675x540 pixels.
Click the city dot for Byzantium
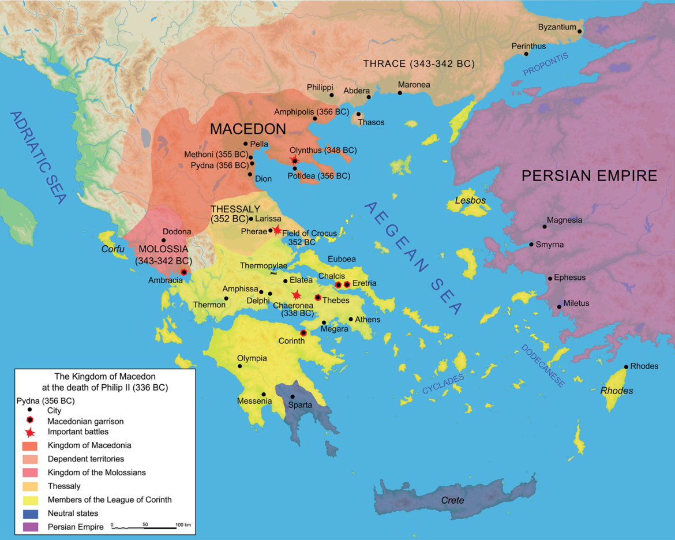[580, 31]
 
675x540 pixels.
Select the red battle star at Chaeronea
[297, 295]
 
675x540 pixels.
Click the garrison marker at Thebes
[318, 298]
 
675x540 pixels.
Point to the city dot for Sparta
[292, 396]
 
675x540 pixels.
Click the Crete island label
[452, 500]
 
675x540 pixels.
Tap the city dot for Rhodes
[626, 367]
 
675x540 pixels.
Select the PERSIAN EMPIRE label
[589, 176]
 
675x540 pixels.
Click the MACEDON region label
[248, 129]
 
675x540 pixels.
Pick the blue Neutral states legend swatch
[29, 513]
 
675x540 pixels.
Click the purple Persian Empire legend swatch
[29, 527]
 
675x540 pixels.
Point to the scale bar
[144, 527]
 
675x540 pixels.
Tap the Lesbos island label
[470, 201]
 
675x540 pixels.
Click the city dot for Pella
[246, 144]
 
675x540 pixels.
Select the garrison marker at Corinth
[303, 333]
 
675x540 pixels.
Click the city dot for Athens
[351, 319]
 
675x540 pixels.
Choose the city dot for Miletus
[559, 306]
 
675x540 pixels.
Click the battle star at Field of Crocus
[277, 230]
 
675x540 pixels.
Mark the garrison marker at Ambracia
[183, 272]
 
